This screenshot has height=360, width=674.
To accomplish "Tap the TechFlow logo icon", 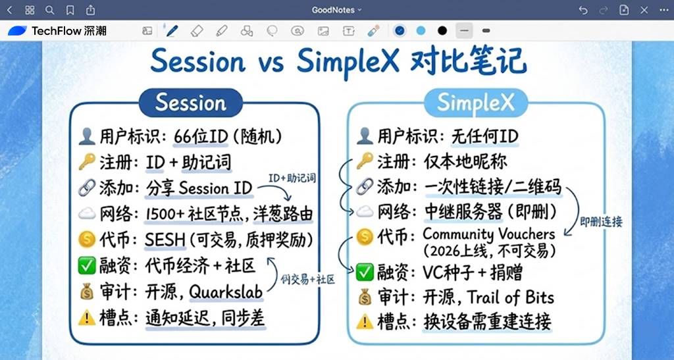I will coord(17,31).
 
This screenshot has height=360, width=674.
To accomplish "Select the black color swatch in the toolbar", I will coord(442,31).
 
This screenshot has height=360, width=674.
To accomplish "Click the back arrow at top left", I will coord(9,10).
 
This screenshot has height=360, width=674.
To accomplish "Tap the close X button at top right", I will coord(663,10).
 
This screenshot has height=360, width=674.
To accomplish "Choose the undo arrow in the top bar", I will coord(583,10).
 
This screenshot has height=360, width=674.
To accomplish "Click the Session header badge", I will coord(190,103).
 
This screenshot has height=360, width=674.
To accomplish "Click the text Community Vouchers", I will coord(488,234).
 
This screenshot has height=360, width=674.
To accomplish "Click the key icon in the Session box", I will coord(86,162).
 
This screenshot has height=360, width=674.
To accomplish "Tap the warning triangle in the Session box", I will coord(86,319).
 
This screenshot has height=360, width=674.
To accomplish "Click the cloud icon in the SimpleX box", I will coord(363,213).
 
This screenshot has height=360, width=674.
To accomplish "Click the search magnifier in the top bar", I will coord(50,10).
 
